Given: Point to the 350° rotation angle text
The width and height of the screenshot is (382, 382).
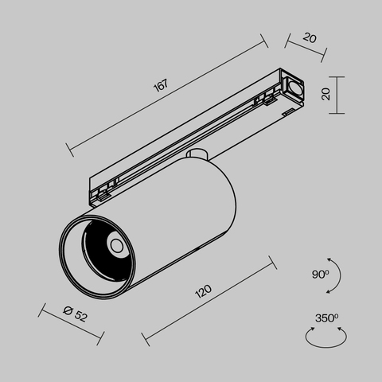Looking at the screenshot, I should pyautogui.click(x=326, y=318).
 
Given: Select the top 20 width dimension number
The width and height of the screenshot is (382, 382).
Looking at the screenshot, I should pyautogui.click(x=310, y=37).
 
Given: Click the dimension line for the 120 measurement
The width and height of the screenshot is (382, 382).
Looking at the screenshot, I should pyautogui.click(x=209, y=301).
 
